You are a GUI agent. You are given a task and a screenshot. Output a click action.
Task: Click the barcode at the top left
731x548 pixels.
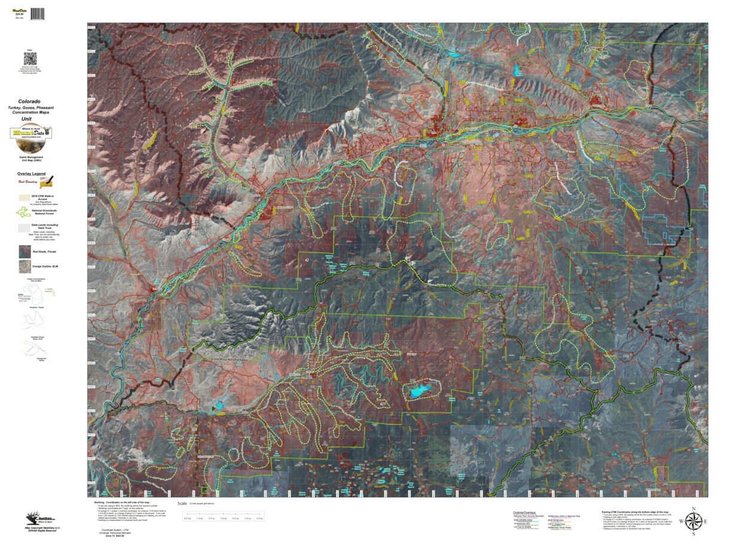coord(38,13)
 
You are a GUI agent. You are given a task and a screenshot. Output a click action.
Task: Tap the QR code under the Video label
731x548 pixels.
coord(30,59)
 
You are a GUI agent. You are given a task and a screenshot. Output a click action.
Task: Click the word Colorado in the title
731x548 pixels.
coord(29,102)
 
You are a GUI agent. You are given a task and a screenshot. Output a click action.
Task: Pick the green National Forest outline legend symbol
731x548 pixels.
coord(23,211)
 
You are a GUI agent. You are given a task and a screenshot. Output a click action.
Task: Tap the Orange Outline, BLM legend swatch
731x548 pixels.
coord(23,266)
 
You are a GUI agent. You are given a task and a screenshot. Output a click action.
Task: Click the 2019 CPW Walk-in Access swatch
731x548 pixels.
coord(24,195)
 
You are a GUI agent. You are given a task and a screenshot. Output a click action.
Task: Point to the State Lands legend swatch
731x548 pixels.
coord(23,227)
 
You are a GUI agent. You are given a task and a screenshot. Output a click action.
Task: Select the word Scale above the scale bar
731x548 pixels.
coord(182,503)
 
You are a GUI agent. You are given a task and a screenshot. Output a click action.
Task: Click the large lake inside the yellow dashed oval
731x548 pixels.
coord(421,391)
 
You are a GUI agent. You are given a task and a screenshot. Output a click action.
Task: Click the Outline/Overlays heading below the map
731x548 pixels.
coord(524,513)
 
